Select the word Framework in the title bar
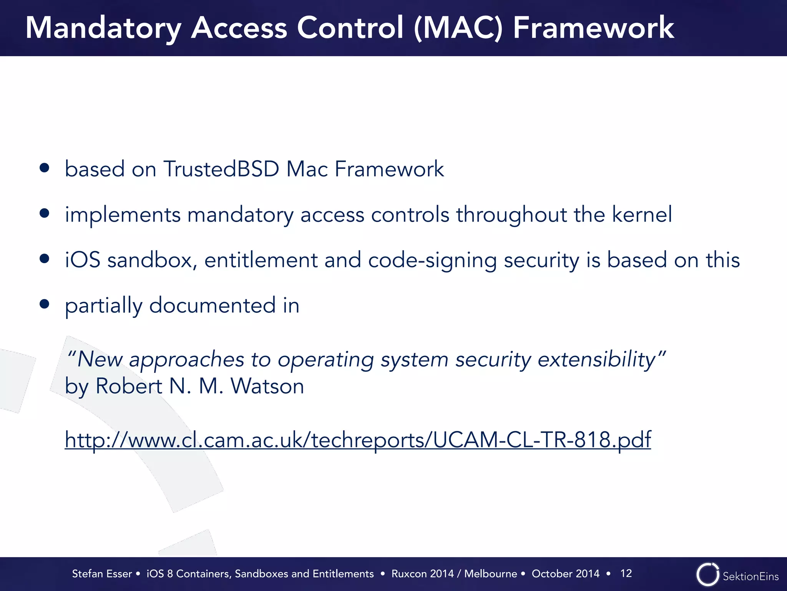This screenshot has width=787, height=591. tap(593, 28)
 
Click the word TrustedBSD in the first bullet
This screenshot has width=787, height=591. tap(221, 169)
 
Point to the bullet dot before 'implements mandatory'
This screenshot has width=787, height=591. tap(45, 213)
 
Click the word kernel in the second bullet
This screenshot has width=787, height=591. tap(642, 214)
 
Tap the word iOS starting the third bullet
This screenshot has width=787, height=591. tap(83, 260)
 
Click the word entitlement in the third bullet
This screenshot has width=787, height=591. tap(261, 260)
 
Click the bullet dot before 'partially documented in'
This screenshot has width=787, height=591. tap(45, 304)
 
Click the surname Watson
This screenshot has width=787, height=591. tap(267, 386)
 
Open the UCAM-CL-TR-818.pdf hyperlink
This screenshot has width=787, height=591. tap(357, 439)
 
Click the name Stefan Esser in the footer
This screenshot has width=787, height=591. tap(102, 574)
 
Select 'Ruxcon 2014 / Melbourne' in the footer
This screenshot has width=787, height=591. tap(454, 574)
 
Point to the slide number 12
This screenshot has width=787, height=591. tap(626, 573)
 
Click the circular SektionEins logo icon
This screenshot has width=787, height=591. tap(707, 575)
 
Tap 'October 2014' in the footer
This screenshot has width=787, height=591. tap(565, 574)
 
